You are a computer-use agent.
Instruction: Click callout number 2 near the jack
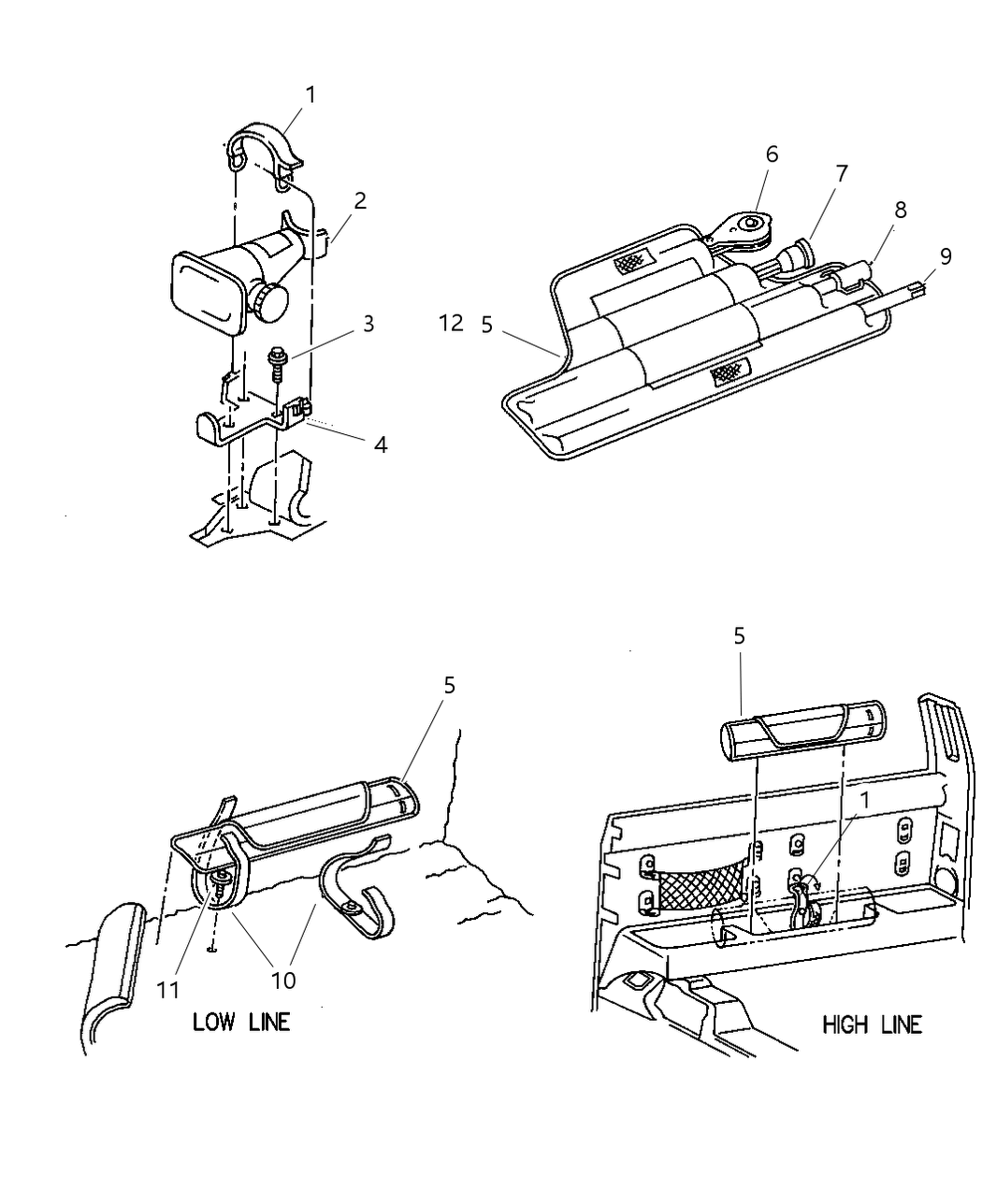click(360, 200)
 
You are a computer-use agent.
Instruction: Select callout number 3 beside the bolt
click(368, 323)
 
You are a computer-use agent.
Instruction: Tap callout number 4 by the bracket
click(380, 444)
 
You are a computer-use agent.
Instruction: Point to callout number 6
click(772, 153)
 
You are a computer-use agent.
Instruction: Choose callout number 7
click(842, 173)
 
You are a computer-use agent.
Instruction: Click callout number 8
click(900, 210)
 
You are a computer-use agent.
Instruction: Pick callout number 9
click(946, 255)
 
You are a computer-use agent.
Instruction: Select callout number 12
click(451, 324)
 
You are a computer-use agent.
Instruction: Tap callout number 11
click(167, 990)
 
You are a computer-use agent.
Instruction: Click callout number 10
click(282, 980)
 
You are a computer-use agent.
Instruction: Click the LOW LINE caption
click(240, 1021)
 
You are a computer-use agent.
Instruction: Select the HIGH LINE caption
click(872, 1025)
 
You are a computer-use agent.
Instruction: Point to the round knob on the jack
click(271, 302)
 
